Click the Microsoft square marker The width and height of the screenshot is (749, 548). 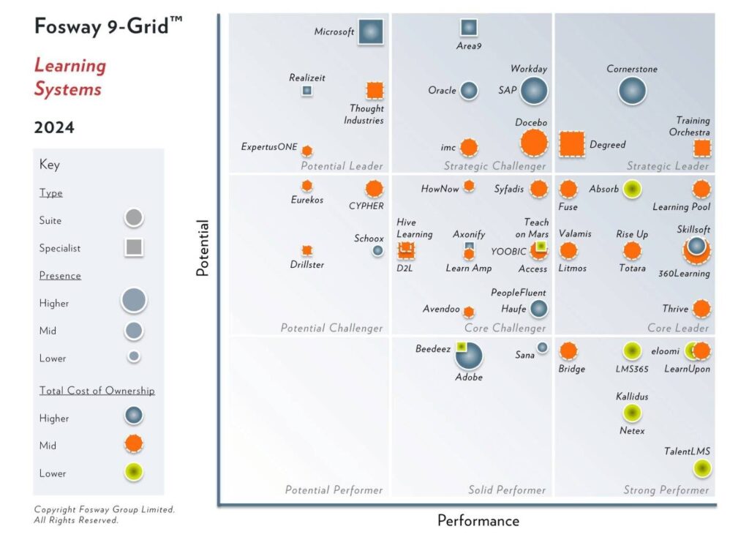tap(371, 31)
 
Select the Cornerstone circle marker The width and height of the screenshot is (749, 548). tap(632, 91)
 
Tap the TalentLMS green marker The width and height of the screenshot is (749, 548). tap(701, 468)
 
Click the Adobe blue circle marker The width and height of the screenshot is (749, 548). tap(469, 356)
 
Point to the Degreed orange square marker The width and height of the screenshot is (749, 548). tap(572, 144)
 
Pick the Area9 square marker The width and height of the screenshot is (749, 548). tap(469, 28)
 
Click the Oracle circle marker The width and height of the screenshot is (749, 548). tap(469, 91)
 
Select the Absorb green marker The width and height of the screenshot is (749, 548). tap(632, 189)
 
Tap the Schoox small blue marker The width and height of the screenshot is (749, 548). tap(377, 250)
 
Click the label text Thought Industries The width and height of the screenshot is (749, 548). tap(364, 115)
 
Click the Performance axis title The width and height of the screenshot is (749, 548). tap(478, 521)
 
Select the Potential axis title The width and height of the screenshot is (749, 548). tap(203, 248)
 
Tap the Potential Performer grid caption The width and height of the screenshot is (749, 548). tap(334, 489)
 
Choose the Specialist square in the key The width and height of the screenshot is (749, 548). tap(134, 248)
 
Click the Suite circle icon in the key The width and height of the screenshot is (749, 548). tap(134, 218)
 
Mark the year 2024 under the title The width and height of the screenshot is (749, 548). tap(54, 127)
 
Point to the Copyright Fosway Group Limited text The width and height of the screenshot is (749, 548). tap(105, 510)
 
